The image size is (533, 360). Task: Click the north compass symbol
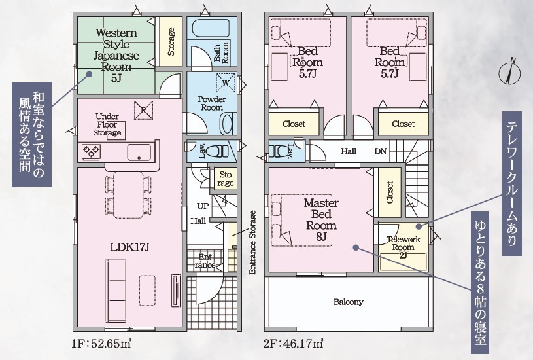coord(509,72)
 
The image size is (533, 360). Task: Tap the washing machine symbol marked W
coord(226,82)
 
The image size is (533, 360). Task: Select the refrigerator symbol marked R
coord(143,110)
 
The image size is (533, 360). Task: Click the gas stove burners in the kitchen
coord(91,151)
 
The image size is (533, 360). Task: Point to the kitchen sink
coord(139,152)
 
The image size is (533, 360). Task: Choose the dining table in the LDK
coord(128,195)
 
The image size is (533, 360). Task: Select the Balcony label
coord(349,302)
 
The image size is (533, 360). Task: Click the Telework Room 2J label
coord(404,247)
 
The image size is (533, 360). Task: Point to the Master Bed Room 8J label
coord(321,220)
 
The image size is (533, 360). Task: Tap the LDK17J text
coord(129,247)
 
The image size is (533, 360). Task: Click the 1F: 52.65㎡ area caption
coord(101,344)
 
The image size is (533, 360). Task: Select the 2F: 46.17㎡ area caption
coord(293,344)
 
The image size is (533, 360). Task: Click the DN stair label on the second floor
coord(381,151)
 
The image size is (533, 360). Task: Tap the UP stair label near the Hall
coord(203,206)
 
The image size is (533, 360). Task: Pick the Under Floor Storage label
coord(107,124)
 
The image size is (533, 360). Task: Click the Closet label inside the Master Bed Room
coord(390,192)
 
